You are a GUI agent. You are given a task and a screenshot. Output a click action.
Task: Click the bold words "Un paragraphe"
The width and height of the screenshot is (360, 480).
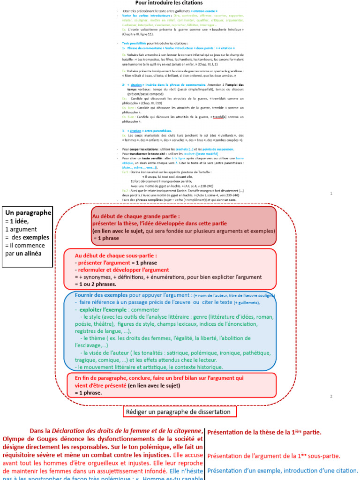(28, 212)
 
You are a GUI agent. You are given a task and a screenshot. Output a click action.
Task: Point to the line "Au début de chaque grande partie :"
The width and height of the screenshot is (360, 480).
(136, 216)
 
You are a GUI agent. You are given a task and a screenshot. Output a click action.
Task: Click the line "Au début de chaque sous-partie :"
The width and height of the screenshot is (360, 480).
(116, 255)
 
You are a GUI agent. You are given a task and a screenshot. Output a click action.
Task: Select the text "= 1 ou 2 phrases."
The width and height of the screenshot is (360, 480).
(96, 284)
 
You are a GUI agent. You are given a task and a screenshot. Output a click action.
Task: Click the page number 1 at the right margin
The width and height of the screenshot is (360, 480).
(331, 193)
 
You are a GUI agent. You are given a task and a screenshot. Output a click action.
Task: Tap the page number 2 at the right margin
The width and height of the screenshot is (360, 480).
(331, 397)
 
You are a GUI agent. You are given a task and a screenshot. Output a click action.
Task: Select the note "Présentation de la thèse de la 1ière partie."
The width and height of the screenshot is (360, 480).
(264, 432)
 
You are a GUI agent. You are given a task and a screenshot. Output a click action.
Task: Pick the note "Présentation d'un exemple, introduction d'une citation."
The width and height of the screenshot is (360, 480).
(282, 470)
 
